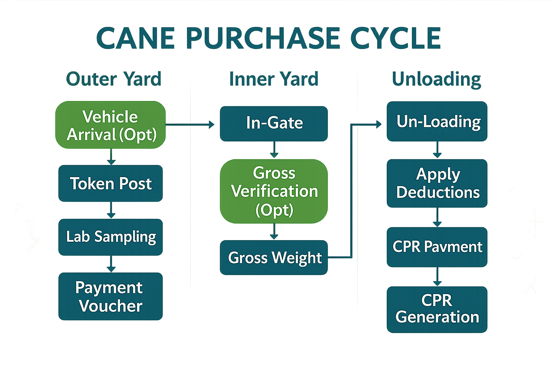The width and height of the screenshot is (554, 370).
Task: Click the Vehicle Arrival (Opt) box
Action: click(x=110, y=125)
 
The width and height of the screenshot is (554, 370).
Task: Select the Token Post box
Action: click(x=110, y=184)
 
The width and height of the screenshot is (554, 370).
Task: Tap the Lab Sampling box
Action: click(x=110, y=237)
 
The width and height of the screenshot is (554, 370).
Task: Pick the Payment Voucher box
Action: click(x=110, y=296)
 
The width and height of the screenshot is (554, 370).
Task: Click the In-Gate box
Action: click(x=274, y=123)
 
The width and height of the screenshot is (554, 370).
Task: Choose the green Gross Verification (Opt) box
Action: click(x=274, y=191)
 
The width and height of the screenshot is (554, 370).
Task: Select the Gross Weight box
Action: click(x=274, y=258)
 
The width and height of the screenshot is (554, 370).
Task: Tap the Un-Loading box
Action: click(x=437, y=121)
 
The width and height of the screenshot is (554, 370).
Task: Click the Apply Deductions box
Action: click(x=437, y=183)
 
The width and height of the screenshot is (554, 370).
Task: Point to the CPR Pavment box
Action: click(x=437, y=247)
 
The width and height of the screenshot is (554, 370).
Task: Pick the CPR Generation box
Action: click(x=437, y=309)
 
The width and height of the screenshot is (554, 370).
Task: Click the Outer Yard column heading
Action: click(x=114, y=79)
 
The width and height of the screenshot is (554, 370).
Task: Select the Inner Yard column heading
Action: click(x=274, y=79)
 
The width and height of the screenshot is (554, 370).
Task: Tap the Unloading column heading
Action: click(x=436, y=79)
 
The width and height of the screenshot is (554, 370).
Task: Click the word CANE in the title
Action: click(x=136, y=38)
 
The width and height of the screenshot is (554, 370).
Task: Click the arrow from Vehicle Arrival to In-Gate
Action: click(x=190, y=125)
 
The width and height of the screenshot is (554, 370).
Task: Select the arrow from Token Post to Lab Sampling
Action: click(x=111, y=210)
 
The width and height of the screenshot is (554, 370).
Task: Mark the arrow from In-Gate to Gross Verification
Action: click(x=274, y=150)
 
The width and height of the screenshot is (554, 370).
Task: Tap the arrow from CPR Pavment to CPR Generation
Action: click(x=437, y=277)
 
